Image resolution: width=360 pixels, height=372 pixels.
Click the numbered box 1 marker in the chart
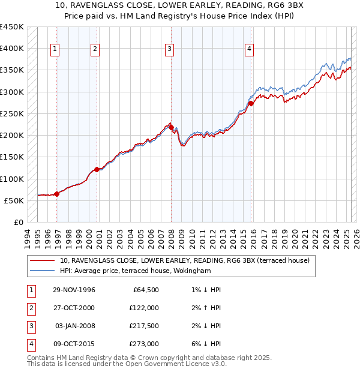(x=55, y=49)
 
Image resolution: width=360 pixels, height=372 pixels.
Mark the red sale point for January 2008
(x=171, y=127)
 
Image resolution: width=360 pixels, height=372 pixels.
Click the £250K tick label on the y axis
(x=12, y=113)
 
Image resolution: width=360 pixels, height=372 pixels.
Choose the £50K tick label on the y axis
(x=14, y=200)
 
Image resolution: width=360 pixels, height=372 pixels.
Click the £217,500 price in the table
(x=143, y=326)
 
